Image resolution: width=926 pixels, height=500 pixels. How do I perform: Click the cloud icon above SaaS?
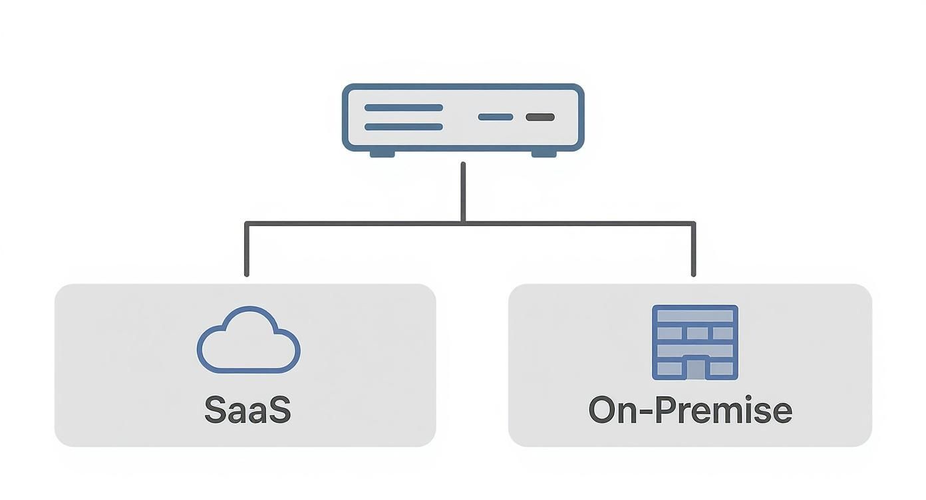tap(248, 340)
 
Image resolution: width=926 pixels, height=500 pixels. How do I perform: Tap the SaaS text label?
tap(247, 410)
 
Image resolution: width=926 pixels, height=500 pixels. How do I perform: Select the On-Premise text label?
tap(690, 410)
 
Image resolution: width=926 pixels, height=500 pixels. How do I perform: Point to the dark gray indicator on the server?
tap(540, 117)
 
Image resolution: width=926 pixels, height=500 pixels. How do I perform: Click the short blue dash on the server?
tap(496, 117)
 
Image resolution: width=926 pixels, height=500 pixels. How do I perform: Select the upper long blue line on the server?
tap(404, 107)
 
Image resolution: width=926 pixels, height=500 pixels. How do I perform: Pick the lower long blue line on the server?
tap(404, 126)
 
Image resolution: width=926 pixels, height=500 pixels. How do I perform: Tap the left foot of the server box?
tap(383, 154)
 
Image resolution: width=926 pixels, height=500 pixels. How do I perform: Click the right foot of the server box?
tap(543, 154)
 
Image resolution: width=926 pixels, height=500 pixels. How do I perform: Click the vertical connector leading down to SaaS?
tap(247, 249)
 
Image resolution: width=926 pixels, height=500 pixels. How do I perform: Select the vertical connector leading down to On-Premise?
tap(694, 249)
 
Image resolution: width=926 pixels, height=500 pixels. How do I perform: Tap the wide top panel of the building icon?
tap(695, 316)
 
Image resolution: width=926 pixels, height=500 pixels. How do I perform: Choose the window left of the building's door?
tap(670, 368)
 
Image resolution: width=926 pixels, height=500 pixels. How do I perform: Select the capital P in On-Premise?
tap(667, 410)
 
